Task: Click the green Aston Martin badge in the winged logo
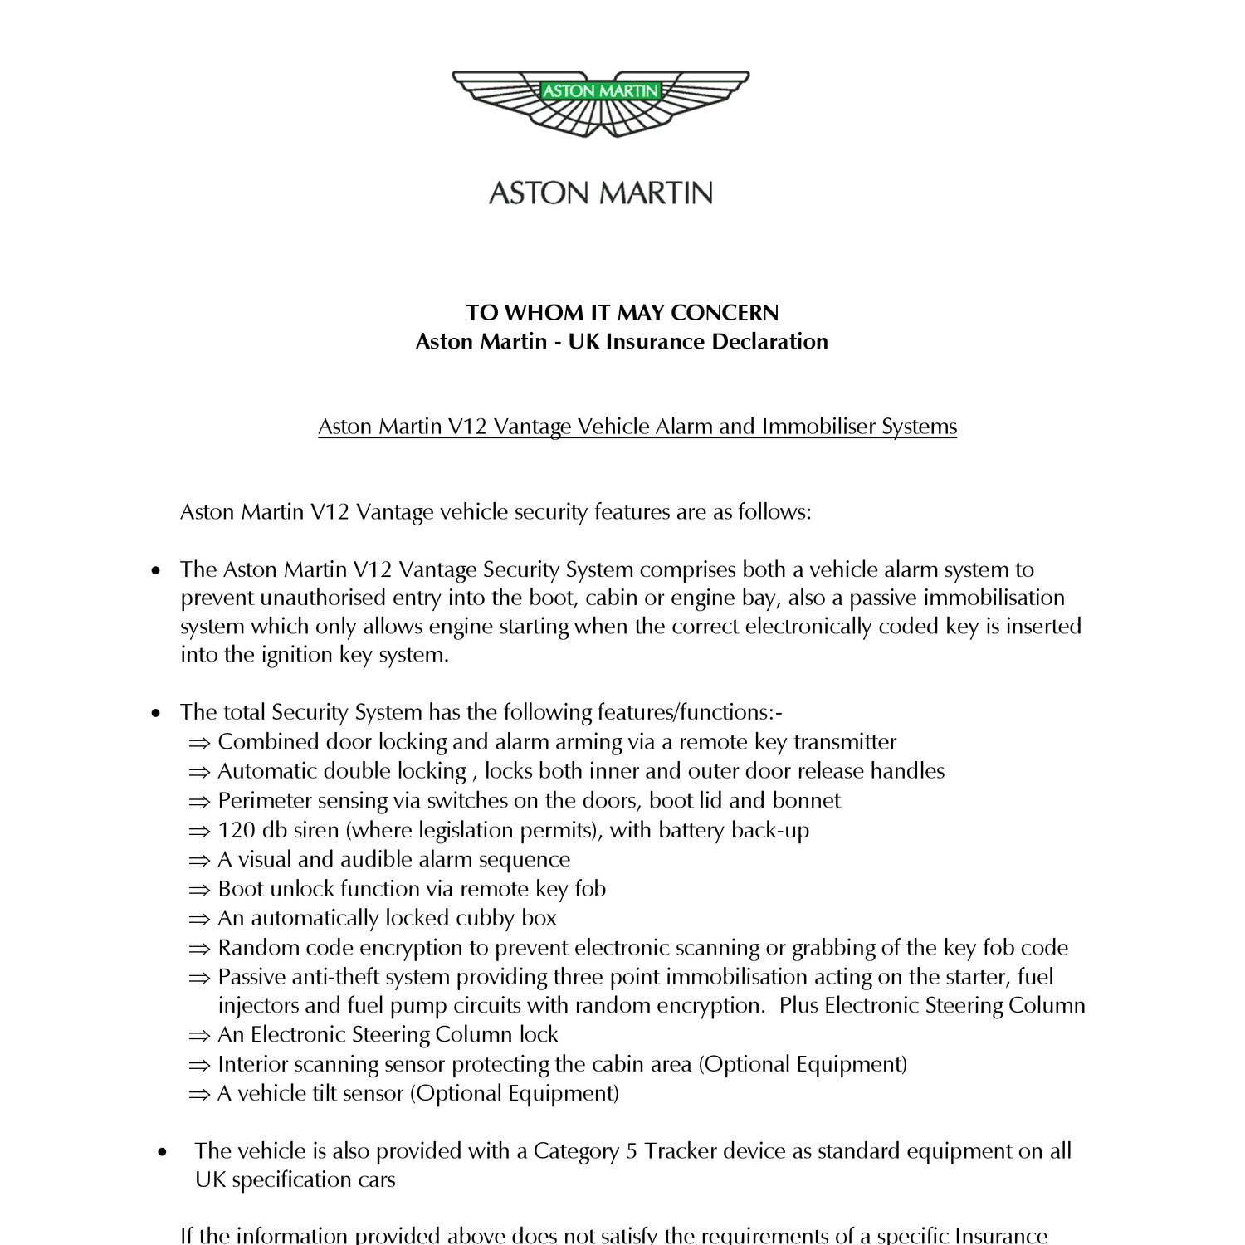tap(600, 90)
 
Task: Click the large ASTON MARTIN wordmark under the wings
tap(600, 193)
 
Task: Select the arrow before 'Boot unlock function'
tap(199, 890)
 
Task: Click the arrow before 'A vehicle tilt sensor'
tap(199, 1094)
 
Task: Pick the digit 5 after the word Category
tap(632, 1151)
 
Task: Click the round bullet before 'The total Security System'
tap(155, 713)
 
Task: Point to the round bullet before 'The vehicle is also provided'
tap(163, 1152)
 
